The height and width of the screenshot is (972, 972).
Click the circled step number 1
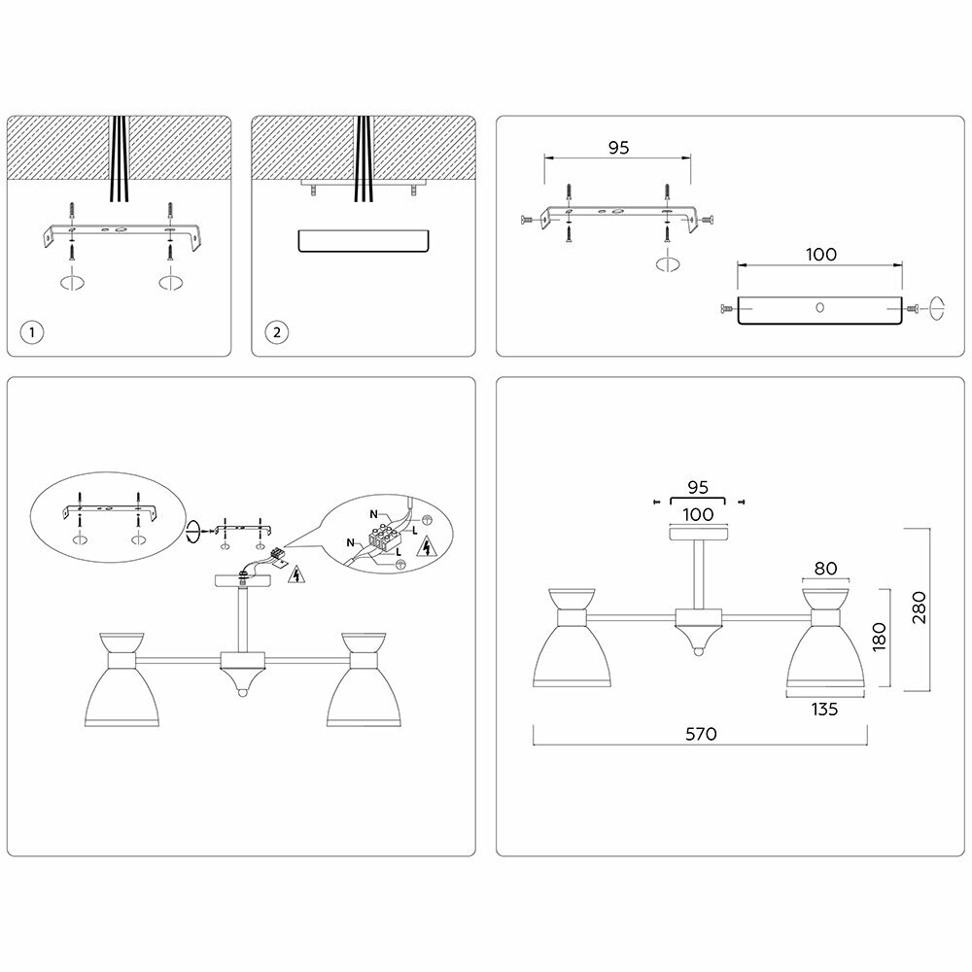point(32,332)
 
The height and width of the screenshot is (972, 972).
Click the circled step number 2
point(276,332)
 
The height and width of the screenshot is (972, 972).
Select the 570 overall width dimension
point(700,734)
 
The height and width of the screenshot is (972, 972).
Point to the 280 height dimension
point(920,607)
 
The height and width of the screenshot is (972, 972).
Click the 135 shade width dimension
point(823,710)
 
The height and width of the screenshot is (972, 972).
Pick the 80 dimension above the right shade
point(826,570)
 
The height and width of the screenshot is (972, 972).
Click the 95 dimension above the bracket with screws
point(618,148)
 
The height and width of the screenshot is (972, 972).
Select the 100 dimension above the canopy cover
point(821,255)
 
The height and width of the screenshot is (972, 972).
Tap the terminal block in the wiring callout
point(384,537)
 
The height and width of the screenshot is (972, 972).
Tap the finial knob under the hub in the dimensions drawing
point(698,649)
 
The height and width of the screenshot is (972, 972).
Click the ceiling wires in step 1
point(120,160)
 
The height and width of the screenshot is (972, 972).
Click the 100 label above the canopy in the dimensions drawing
point(699,514)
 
